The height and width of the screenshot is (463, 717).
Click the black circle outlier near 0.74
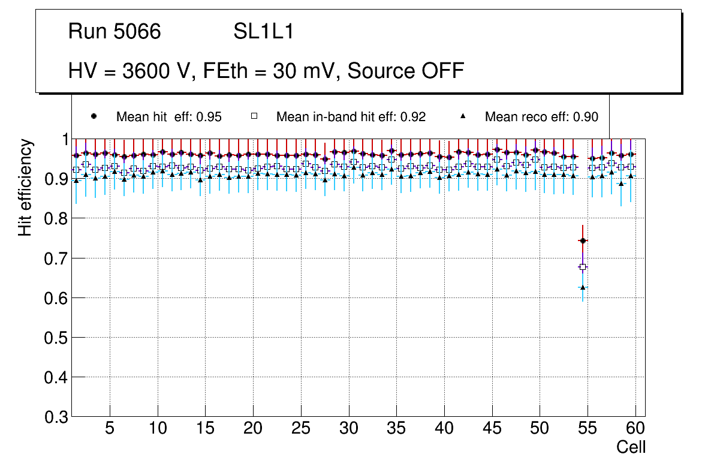tap(583, 240)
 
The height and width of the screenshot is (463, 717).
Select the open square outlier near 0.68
tap(583, 267)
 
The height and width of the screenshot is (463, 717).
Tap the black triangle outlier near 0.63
tap(583, 287)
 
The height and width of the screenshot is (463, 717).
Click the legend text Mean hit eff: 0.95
tap(169, 117)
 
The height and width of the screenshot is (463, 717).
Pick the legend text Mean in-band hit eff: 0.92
tap(351, 117)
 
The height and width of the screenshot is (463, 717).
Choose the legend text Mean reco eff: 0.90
tap(541, 117)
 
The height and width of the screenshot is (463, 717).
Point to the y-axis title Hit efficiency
tap(25, 187)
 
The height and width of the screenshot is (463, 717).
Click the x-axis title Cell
tap(631, 447)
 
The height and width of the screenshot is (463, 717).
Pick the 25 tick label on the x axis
tap(301, 429)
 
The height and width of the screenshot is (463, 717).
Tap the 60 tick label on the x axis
tap(635, 429)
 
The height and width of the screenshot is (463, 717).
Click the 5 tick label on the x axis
tap(110, 429)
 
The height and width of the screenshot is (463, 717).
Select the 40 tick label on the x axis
tap(444, 429)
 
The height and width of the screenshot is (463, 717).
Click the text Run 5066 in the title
tap(115, 32)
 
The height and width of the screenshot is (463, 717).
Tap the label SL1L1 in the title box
tap(263, 32)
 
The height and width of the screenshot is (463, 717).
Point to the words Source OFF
tap(406, 71)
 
